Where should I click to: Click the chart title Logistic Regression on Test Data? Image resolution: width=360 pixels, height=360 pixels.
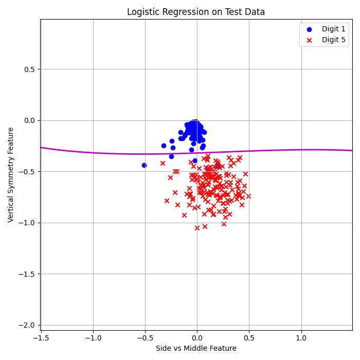[196, 12]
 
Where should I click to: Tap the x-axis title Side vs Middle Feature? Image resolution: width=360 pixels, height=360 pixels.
[196, 349]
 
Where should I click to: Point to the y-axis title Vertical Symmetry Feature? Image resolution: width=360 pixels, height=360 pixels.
[11, 174]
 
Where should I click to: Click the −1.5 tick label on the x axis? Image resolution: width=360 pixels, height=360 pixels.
[41, 338]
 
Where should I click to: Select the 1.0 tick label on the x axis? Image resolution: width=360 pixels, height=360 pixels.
[300, 338]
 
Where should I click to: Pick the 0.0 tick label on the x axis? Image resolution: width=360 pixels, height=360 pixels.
[196, 338]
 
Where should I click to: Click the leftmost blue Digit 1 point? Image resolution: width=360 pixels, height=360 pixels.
[144, 165]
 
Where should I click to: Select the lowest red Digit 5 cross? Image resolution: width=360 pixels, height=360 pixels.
[197, 228]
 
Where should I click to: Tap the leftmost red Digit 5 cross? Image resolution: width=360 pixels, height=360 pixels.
[163, 163]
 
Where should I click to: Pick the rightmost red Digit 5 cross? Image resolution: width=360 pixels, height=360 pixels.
[248, 196]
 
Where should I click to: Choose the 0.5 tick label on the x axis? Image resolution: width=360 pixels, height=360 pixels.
[248, 338]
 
